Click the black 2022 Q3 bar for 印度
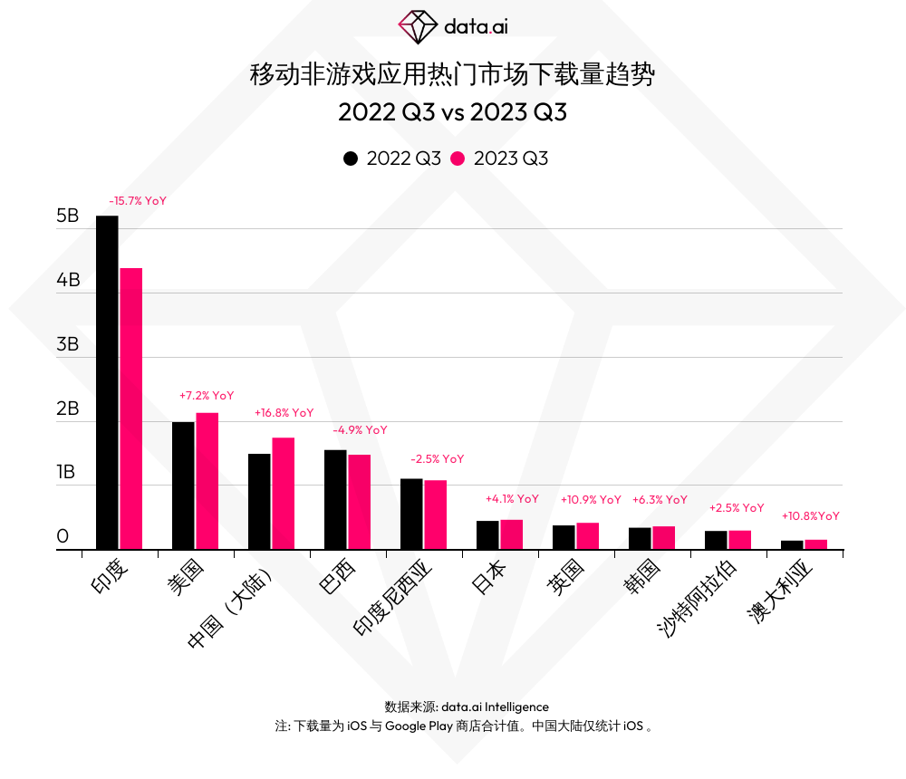[107, 382]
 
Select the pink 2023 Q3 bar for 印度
[131, 409]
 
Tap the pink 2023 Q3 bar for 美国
[207, 481]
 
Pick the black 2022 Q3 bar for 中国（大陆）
[259, 501]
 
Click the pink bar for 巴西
[360, 502]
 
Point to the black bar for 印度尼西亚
[411, 514]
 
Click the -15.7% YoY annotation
[138, 201]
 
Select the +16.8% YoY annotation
[284, 413]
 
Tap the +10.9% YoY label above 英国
[591, 499]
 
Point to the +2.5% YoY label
[737, 508]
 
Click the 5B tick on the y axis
[68, 216]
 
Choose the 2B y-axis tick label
[68, 409]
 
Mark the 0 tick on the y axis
[63, 537]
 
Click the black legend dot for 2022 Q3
[351, 159]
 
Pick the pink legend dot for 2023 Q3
[458, 159]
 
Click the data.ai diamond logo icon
[418, 27]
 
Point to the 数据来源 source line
[467, 707]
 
